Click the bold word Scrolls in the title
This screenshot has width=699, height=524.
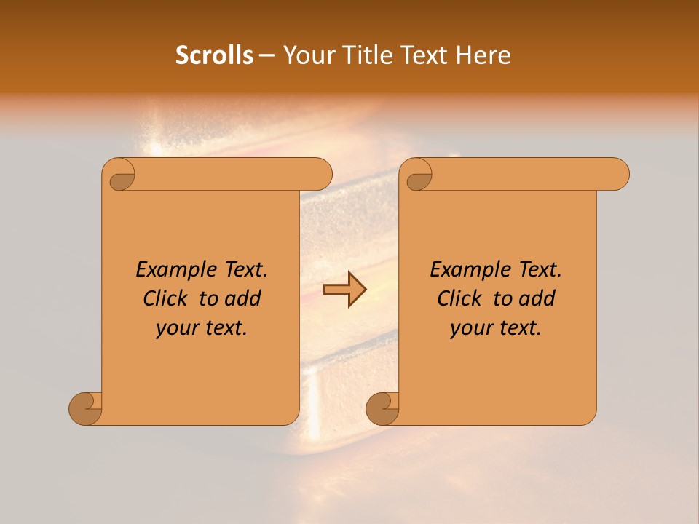[214, 55]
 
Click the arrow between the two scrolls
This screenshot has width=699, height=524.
[344, 290]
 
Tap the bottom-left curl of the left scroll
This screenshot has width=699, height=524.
[86, 408]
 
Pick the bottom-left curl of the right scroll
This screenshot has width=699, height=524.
[383, 408]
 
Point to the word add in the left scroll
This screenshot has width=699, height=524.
[243, 298]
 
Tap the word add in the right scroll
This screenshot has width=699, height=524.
[537, 298]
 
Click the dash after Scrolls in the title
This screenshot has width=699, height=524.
[266, 56]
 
